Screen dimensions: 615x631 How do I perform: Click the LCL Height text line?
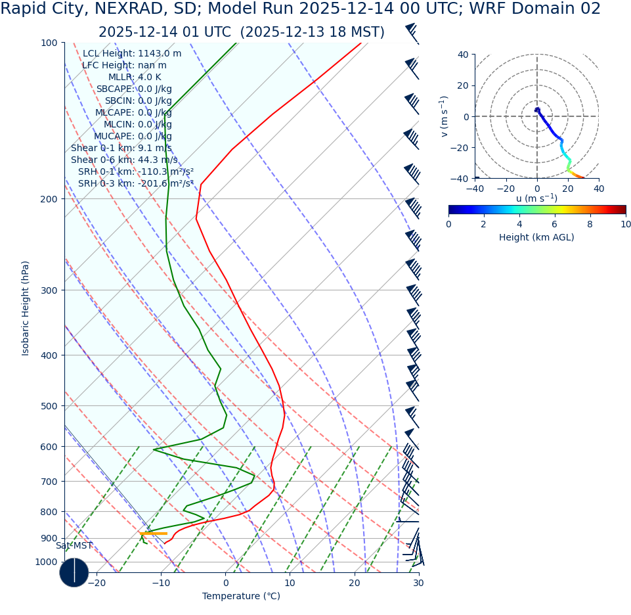(x=132, y=54)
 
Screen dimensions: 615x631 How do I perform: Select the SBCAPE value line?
(x=134, y=89)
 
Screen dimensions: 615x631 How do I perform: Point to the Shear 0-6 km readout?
(x=124, y=160)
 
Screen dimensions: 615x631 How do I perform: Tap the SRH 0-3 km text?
(x=136, y=184)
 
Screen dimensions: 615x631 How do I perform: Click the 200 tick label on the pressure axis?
(x=49, y=199)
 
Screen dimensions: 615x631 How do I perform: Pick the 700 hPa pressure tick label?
(x=49, y=482)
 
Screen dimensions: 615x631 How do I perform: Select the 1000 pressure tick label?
(x=47, y=562)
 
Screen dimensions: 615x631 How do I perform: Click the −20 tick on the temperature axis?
(x=96, y=583)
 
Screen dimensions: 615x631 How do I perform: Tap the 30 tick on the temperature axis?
(x=419, y=583)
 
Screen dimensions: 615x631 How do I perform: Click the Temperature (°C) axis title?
(x=241, y=597)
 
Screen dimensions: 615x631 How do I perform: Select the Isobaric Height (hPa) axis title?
(x=26, y=308)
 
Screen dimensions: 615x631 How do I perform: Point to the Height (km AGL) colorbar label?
(x=536, y=238)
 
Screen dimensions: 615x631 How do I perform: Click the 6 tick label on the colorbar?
(x=555, y=225)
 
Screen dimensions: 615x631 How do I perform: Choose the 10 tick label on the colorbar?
(x=625, y=225)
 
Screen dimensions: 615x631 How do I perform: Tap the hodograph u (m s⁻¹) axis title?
(x=536, y=198)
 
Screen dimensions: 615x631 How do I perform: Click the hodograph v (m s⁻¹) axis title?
(x=444, y=116)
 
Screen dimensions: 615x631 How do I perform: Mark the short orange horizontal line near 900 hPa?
(x=153, y=534)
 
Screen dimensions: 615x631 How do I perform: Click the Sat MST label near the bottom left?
(x=74, y=546)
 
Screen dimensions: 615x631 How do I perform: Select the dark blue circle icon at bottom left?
(x=74, y=572)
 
